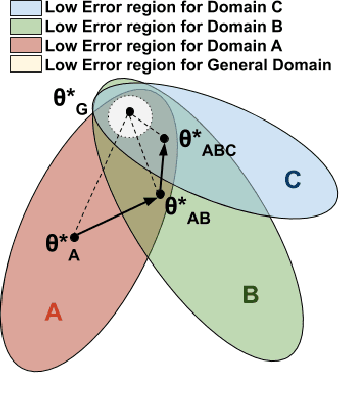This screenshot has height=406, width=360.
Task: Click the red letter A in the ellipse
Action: (54, 313)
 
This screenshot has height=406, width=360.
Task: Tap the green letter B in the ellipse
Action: (251, 295)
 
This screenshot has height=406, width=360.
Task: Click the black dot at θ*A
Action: (74, 236)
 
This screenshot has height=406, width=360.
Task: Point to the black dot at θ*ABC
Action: (165, 136)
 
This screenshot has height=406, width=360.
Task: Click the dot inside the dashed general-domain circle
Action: (129, 111)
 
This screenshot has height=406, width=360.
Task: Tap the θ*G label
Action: (67, 99)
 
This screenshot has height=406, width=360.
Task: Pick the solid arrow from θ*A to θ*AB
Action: (116, 214)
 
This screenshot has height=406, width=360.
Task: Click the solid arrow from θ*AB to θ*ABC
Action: (162, 165)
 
